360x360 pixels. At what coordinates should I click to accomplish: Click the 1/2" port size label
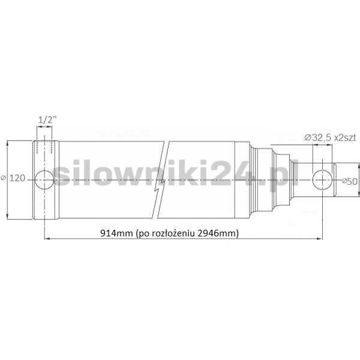[45, 121]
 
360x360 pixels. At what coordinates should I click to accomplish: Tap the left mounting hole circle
[45, 179]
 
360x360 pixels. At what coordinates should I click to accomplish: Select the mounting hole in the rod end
[322, 179]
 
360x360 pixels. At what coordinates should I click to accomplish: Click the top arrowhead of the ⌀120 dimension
[7, 143]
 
